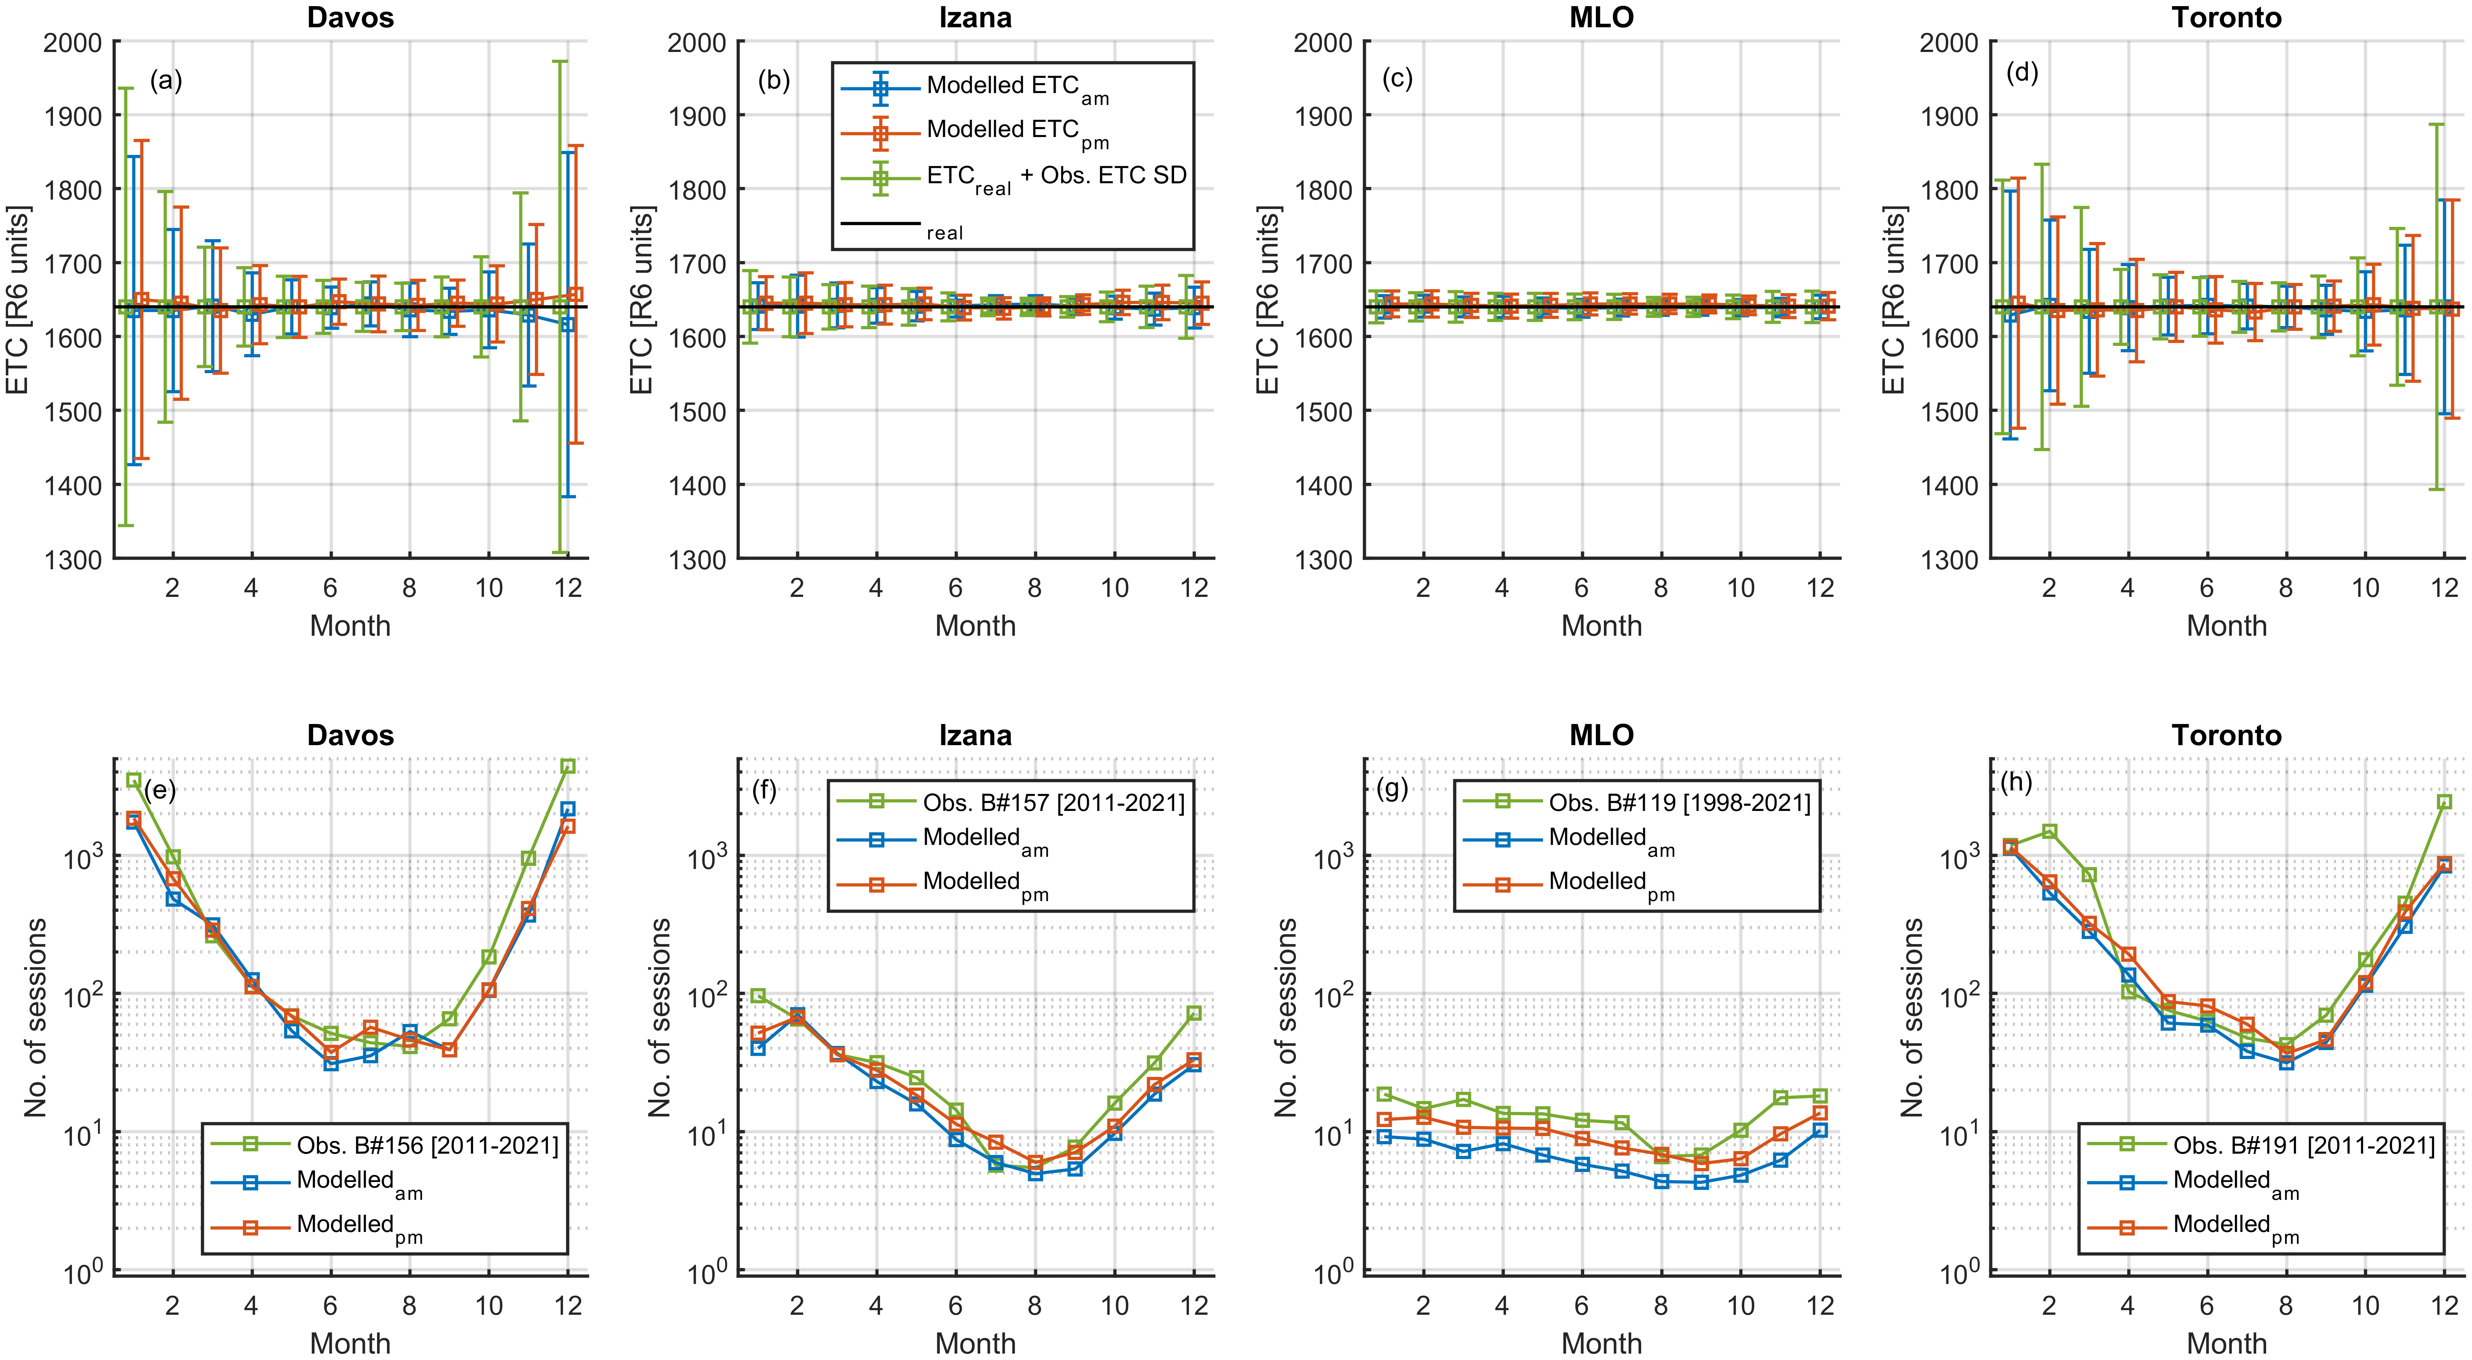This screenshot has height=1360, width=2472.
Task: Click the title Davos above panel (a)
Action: [350, 17]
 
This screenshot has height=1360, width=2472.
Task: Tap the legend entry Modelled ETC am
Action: [1003, 86]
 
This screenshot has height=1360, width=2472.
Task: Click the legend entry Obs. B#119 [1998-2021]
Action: [1679, 802]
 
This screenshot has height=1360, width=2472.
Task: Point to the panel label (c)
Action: [1397, 79]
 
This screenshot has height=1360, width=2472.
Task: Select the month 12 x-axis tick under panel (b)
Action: [1194, 588]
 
